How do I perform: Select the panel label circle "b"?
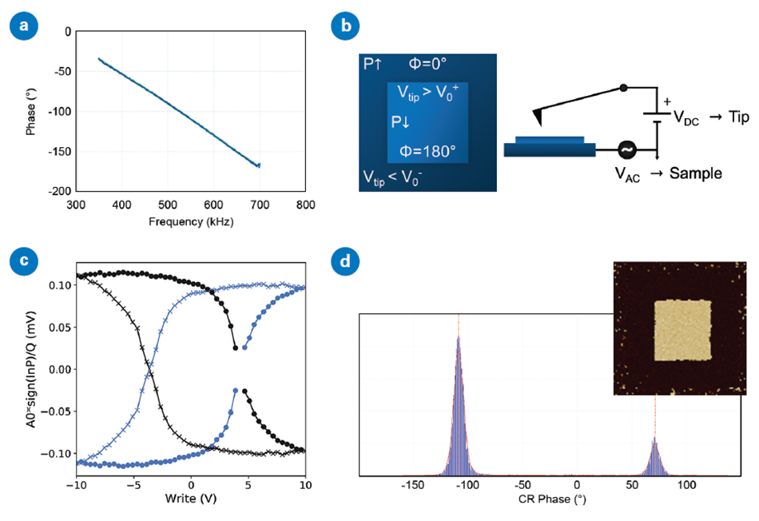[x=347, y=25]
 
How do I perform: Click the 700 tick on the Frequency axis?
[x=259, y=205]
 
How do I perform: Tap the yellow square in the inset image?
[x=682, y=330]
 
